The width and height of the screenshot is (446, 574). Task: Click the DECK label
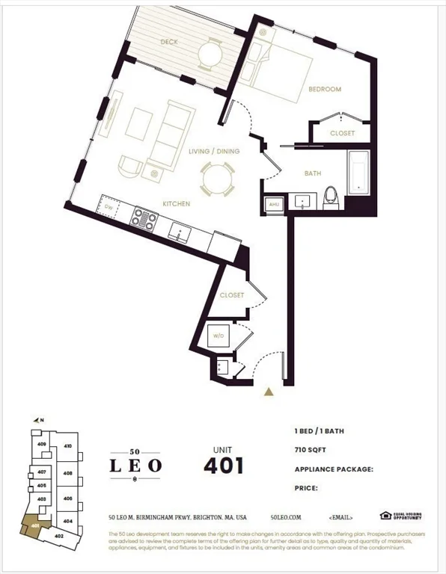(169, 42)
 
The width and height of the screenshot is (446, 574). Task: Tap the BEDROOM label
(325, 90)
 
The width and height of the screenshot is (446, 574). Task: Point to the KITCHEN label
(177, 203)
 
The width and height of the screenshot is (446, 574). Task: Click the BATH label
(313, 173)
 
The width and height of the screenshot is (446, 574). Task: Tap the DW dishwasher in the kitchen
(109, 206)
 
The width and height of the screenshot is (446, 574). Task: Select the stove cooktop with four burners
(144, 218)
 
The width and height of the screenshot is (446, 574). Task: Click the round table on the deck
(210, 52)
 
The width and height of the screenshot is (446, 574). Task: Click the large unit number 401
(224, 465)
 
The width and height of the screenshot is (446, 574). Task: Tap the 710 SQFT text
(311, 451)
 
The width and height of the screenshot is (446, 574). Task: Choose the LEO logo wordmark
(135, 465)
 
